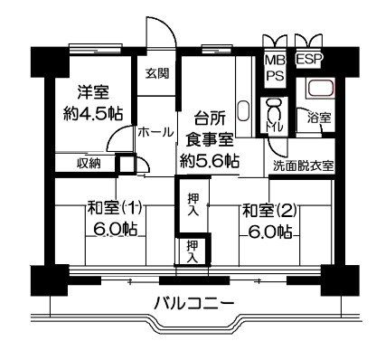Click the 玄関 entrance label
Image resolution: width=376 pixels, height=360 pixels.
pyautogui.click(x=157, y=73)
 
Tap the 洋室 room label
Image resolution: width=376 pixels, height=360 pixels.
pyautogui.click(x=92, y=92)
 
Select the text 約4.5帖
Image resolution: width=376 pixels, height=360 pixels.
pyautogui.click(x=93, y=114)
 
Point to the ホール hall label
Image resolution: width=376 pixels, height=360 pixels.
pyautogui.click(x=156, y=132)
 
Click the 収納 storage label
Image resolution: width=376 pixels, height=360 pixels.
pyautogui.click(x=89, y=164)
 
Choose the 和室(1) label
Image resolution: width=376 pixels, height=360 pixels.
pyautogui.click(x=115, y=209)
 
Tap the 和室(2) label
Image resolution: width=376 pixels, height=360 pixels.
pyautogui.click(x=269, y=210)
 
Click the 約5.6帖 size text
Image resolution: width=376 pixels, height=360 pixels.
pyautogui.click(x=210, y=161)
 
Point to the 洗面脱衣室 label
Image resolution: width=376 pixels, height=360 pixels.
pyautogui.click(x=303, y=166)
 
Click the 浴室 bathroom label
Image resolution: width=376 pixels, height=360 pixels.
pyautogui.click(x=319, y=118)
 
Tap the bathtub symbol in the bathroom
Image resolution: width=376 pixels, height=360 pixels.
pyautogui.click(x=321, y=88)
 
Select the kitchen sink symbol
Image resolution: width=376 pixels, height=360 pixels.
pyautogui.click(x=243, y=110)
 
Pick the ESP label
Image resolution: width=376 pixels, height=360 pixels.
pyautogui.click(x=310, y=59)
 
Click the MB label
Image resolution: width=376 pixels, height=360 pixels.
pyautogui.click(x=275, y=61)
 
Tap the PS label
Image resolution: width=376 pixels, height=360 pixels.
pyautogui.click(x=275, y=75)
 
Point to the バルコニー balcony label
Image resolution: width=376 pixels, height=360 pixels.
pyautogui.click(x=194, y=303)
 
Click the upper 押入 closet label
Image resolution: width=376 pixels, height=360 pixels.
pyautogui.click(x=193, y=204)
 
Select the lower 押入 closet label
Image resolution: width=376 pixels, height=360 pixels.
pyautogui.click(x=193, y=251)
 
